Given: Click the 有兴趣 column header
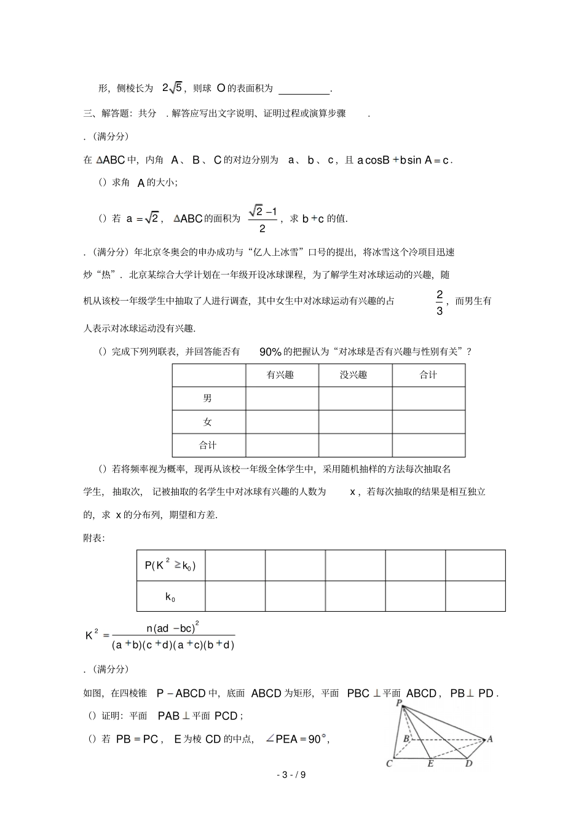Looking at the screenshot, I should (x=281, y=375).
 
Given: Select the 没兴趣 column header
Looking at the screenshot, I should (x=353, y=375).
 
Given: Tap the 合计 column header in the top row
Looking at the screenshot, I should (x=428, y=375).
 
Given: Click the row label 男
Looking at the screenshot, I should (x=208, y=398).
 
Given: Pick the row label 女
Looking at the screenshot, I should (x=208, y=422).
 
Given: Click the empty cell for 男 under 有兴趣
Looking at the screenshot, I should (x=282, y=398).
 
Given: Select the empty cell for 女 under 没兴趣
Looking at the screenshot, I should (x=355, y=422).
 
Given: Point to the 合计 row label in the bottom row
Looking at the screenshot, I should (x=208, y=445).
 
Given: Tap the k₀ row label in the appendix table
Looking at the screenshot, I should (x=170, y=596).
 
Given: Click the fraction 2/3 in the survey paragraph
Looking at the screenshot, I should (x=440, y=303).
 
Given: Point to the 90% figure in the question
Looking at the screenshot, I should (x=270, y=352).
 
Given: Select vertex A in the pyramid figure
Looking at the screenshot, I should (x=489, y=739).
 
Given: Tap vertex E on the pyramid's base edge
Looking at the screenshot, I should (x=430, y=764).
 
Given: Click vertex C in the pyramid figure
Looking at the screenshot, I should (x=390, y=764).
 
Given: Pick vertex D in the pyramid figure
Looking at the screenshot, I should (x=468, y=764).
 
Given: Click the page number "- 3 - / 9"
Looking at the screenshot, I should (x=291, y=775).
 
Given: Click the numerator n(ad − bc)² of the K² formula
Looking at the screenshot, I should (x=173, y=628).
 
